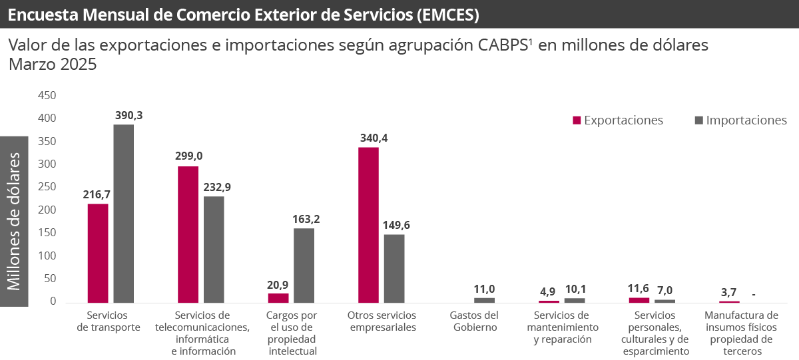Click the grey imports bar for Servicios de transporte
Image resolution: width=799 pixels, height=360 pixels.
(123, 214)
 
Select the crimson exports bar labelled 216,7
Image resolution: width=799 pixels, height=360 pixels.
(98, 253)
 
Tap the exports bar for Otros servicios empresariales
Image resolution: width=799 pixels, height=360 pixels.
(368, 225)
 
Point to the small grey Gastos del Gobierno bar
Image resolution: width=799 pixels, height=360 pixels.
(484, 300)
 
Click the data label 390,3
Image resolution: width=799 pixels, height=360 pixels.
(128, 115)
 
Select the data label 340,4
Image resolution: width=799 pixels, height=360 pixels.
(373, 138)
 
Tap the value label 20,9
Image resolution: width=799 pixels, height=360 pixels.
(278, 284)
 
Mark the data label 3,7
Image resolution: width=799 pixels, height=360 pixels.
(728, 292)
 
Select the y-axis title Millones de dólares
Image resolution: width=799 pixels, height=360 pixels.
(14, 222)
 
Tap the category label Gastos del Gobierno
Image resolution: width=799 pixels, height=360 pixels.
(474, 321)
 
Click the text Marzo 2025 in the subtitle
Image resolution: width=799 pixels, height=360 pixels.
(53, 65)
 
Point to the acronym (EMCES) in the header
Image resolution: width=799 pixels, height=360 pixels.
(447, 15)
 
